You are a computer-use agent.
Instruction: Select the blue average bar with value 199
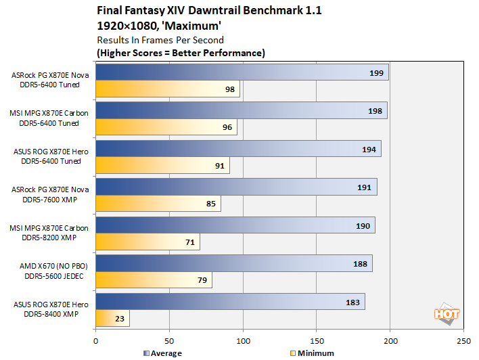[242, 72]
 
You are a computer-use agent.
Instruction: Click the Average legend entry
[163, 353]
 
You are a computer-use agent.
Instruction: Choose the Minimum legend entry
[312, 353]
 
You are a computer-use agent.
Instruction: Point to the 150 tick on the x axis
[317, 340]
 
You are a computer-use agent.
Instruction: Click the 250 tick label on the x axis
[463, 340]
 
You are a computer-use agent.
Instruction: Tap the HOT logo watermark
[447, 313]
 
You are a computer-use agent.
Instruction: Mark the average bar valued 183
[230, 302]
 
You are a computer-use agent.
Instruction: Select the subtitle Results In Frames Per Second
[150, 40]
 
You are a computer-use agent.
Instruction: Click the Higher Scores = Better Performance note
[181, 53]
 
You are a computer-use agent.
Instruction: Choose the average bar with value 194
[238, 149]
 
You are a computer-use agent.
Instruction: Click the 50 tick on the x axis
[170, 340]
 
